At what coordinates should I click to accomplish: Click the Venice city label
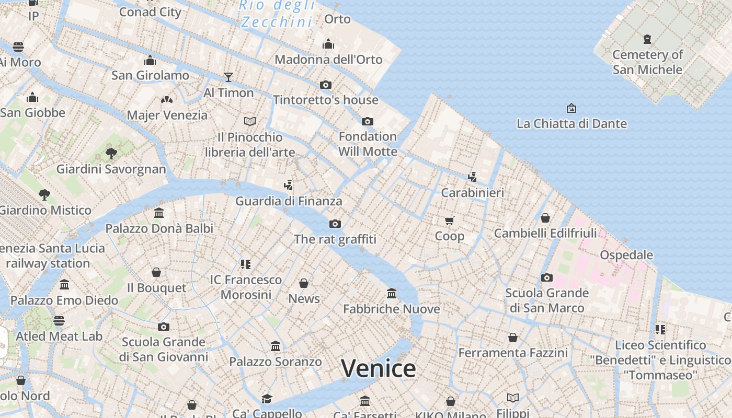tap(378, 368)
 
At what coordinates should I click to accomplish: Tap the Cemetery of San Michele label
tap(647, 62)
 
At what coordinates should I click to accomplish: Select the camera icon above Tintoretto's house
tap(325, 85)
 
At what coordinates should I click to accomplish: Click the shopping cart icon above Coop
tap(449, 220)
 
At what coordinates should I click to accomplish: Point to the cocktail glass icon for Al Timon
tap(228, 77)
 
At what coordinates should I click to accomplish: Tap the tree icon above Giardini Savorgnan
tap(111, 154)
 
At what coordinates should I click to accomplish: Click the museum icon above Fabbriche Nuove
tap(392, 293)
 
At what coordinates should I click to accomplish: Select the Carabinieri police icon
tap(472, 177)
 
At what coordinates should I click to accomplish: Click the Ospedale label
tap(626, 255)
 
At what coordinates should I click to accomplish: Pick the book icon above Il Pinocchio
tap(250, 121)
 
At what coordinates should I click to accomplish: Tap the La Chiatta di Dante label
tap(571, 124)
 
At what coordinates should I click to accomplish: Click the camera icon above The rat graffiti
tap(335, 224)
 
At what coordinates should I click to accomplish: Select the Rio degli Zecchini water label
tap(278, 14)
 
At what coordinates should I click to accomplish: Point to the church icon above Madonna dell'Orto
tap(328, 44)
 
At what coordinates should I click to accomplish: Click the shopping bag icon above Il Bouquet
tap(156, 272)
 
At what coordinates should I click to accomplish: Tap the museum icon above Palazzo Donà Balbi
tap(159, 213)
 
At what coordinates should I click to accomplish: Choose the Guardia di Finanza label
tap(289, 201)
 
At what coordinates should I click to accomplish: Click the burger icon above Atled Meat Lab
tap(59, 320)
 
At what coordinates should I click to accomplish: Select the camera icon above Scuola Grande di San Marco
tap(546, 277)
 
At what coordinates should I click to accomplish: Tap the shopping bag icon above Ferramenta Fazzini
tap(512, 338)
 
